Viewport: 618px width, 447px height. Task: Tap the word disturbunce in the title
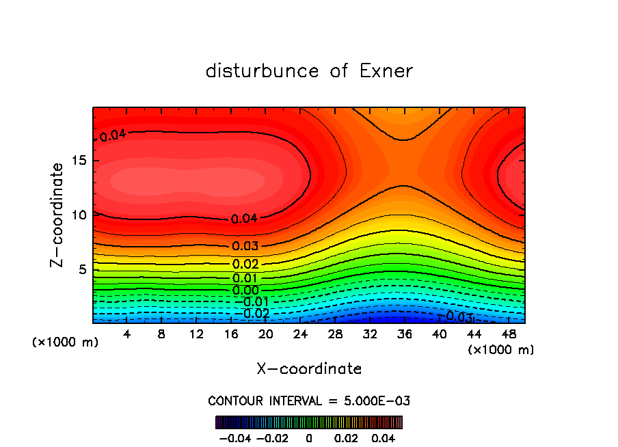point(263,71)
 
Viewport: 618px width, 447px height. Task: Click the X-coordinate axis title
point(309,369)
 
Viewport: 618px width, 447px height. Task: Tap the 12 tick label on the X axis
point(196,334)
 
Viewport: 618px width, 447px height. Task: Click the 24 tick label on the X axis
point(300,334)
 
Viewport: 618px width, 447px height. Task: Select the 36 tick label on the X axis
point(404,334)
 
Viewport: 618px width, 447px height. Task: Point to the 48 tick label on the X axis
point(508,334)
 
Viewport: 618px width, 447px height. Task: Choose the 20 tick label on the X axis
point(265,334)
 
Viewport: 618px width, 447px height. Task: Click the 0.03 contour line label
point(245,246)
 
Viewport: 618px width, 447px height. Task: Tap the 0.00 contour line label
point(245,290)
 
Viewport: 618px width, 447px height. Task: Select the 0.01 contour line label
point(245,278)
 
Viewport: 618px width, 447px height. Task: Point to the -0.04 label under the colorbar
point(234,437)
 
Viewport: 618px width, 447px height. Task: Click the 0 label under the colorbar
point(309,437)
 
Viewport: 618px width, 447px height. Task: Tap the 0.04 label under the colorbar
point(384,437)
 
